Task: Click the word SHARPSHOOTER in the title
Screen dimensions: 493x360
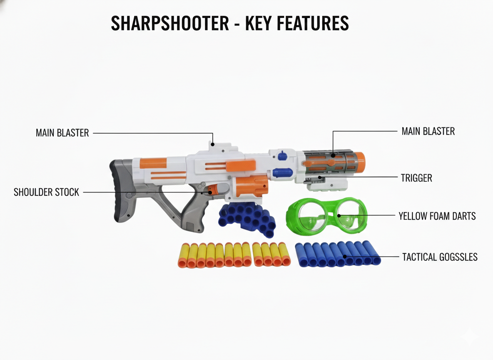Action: tap(170, 23)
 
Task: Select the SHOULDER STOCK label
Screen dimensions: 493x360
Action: tap(46, 192)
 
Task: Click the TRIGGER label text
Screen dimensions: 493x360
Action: tap(416, 178)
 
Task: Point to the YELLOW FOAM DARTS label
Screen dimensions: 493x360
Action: tap(437, 216)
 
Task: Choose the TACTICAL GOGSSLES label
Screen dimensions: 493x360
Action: tap(440, 257)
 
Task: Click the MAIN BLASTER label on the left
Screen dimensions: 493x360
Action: tap(62, 133)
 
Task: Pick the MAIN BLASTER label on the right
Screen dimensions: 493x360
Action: tap(428, 131)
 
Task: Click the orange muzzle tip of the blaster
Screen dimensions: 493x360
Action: tap(360, 161)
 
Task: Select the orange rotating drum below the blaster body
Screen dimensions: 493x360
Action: tap(251, 187)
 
